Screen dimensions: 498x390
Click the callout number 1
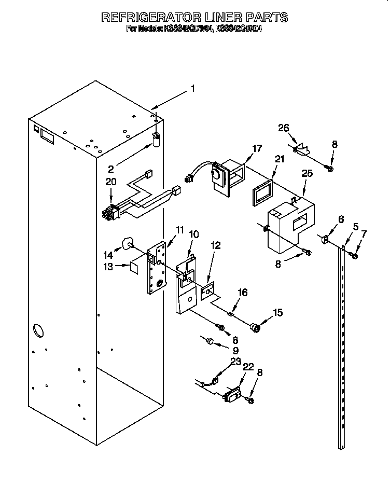click(192, 89)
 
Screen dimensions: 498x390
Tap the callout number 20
click(110, 182)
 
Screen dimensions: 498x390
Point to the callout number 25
click(307, 173)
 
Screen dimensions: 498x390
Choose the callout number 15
click(278, 313)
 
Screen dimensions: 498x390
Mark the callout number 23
click(236, 362)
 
